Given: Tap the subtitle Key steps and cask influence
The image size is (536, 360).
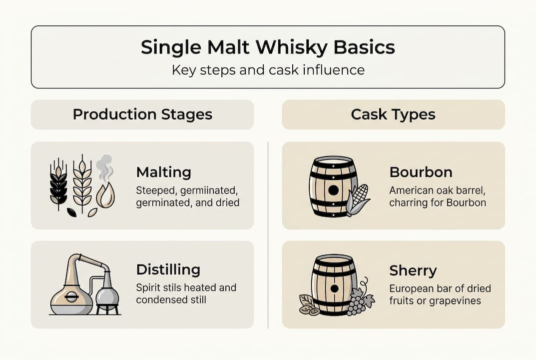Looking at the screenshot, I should tap(268, 69).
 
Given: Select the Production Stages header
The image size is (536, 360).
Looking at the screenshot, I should tap(142, 114).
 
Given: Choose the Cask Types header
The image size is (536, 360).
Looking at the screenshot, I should tap(393, 114).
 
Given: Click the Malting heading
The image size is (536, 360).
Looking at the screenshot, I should tap(163, 172).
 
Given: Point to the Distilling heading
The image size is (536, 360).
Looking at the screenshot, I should tap(168, 270).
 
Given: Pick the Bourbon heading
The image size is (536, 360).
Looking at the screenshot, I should tap(421, 172).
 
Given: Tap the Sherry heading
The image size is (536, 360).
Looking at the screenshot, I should tap(413, 271).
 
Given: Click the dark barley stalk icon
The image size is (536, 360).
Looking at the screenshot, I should tap(58, 182).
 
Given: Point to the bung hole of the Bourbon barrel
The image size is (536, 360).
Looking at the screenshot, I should tap(333, 190).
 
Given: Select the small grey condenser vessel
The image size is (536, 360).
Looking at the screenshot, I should tap(107, 295).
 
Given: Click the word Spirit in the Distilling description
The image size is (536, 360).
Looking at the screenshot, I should tap(148, 288).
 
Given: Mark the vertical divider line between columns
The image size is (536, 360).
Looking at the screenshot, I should tap(268, 235).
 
